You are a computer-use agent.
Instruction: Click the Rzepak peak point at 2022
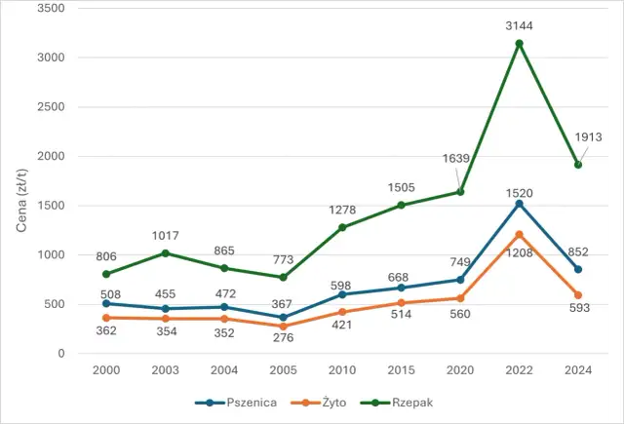point(520,43)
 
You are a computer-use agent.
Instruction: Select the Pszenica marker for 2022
point(520,203)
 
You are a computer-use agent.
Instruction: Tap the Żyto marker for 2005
point(283,326)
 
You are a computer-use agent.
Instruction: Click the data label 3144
point(520,25)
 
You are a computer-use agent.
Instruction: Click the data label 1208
point(520,252)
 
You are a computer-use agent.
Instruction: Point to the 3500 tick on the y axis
point(49,8)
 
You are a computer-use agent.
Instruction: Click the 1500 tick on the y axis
point(49,206)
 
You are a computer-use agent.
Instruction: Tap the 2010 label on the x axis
point(343,371)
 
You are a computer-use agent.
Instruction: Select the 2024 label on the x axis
point(578,371)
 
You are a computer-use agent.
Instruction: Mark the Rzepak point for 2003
point(166,252)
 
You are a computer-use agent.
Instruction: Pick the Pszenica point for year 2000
point(106,303)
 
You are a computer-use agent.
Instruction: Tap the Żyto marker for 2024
point(578,294)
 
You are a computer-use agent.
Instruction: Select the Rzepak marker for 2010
point(343,227)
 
